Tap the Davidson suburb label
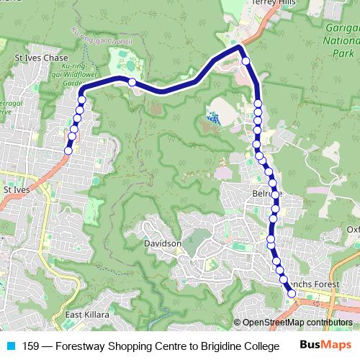click(x=162, y=244)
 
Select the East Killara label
click(x=86, y=315)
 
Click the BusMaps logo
click(x=325, y=346)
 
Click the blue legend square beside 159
click(x=9, y=346)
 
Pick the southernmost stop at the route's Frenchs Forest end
click(x=292, y=293)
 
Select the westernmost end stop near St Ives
click(x=68, y=150)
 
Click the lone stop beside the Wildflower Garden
click(x=132, y=83)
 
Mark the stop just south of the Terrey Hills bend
click(x=246, y=61)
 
